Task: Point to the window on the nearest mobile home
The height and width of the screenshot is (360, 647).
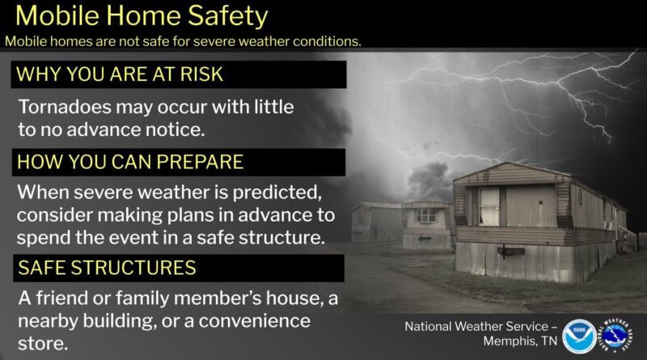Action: point(488,205)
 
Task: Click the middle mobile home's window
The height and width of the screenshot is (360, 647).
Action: point(425,215)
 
